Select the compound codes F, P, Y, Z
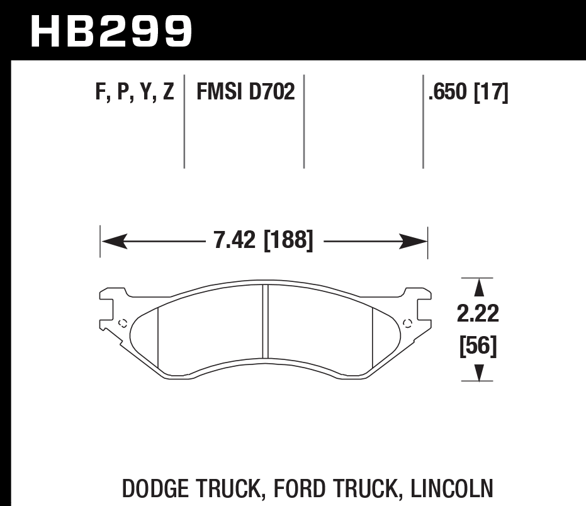134,93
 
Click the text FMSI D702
245,93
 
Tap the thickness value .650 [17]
467,93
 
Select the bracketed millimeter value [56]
479,346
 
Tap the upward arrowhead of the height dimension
479,288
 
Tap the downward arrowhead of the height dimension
479,373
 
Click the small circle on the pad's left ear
123,324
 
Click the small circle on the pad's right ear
407,324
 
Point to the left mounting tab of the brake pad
108,308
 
